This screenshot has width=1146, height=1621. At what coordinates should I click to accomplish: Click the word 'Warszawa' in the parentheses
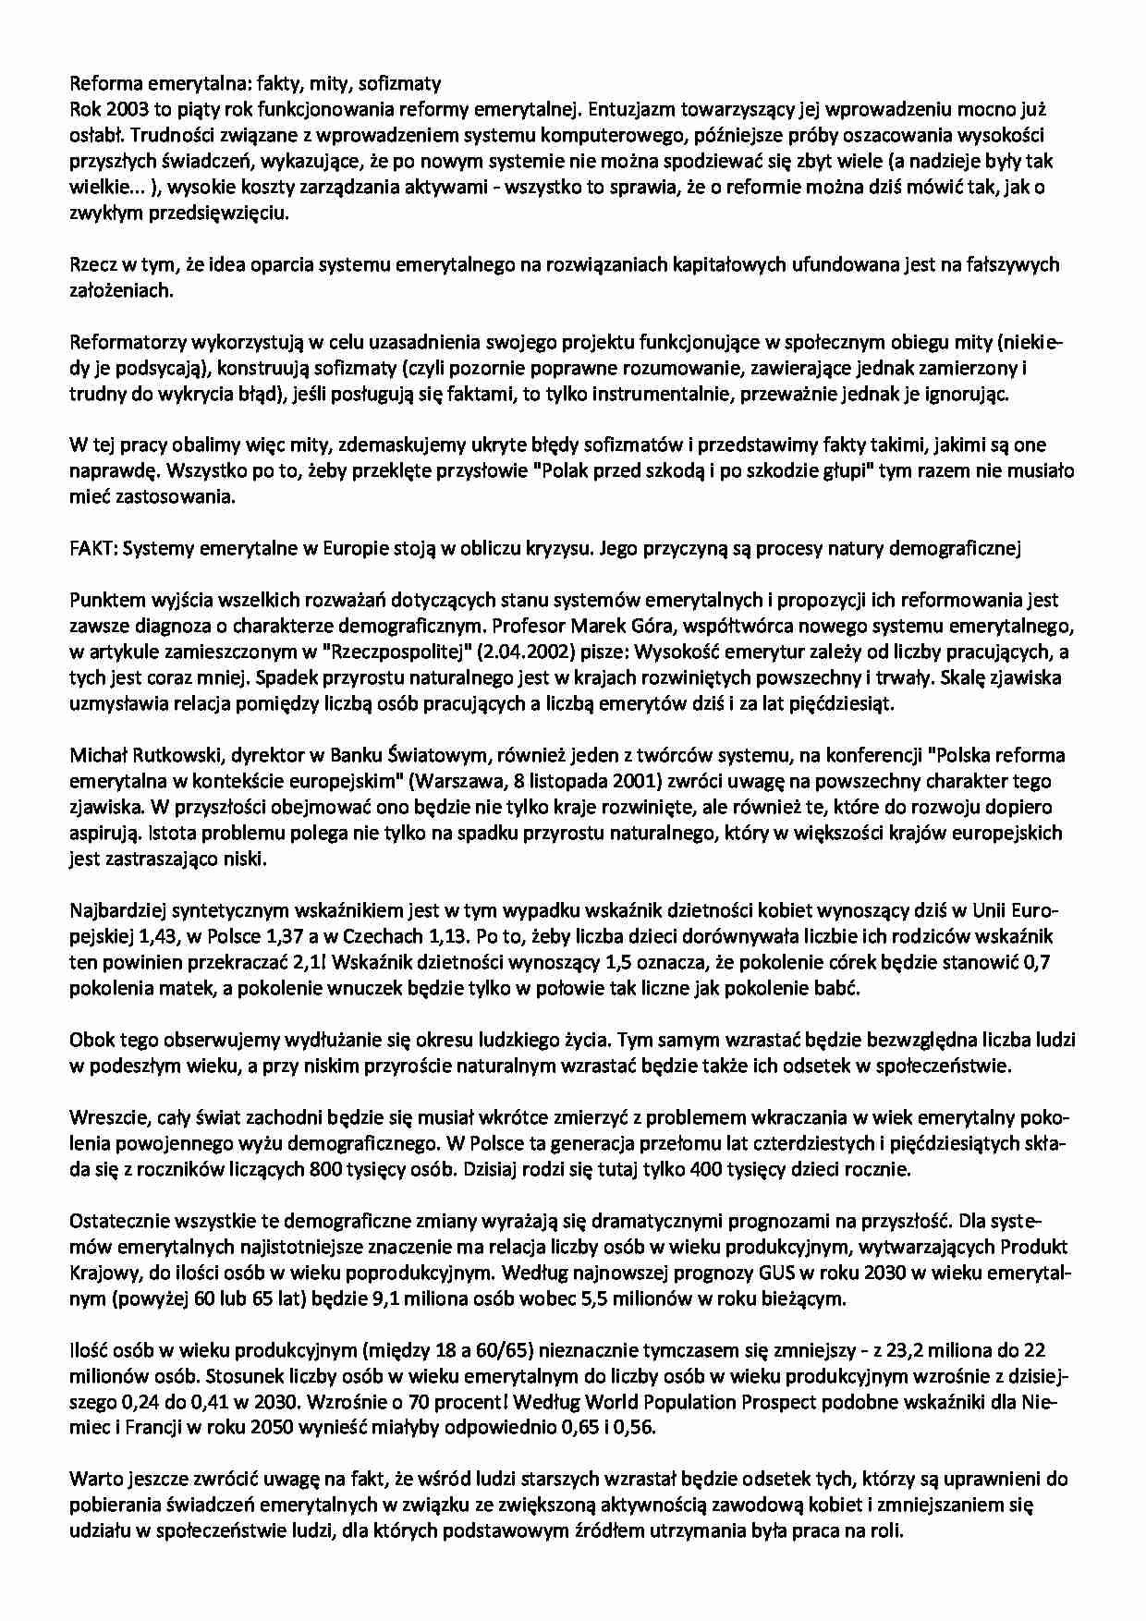pyautogui.click(x=544, y=781)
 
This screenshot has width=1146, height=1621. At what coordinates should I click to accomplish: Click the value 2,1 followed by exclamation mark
pyautogui.click(x=311, y=962)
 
